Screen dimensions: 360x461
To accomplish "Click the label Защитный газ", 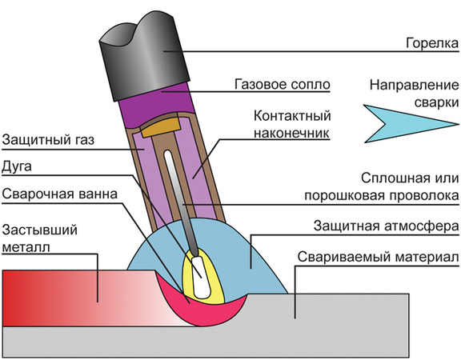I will [48, 139].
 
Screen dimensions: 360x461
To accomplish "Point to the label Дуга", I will [19, 166].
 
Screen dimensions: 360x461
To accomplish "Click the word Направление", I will [413, 86].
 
